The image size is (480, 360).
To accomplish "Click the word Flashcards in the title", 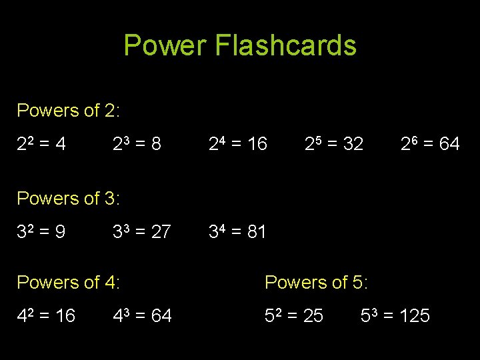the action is coord(285,45).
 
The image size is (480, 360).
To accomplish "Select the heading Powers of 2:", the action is coord(68,110).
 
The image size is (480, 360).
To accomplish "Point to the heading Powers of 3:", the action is coord(68,198).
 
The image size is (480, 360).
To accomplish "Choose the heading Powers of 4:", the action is coord(68,282).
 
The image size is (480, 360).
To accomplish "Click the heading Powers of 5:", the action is coord(316,282).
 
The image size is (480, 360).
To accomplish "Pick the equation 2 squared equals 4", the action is coord(41,143).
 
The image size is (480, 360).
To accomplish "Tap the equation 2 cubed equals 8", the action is coord(137,143).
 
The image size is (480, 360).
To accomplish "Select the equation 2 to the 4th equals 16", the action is coord(238,143).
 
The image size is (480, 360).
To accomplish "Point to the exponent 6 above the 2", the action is coord(415,138).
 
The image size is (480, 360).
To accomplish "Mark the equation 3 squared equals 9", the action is coord(41,231).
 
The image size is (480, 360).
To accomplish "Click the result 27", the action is coord(161,231).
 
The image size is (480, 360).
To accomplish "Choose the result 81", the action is coord(256,231).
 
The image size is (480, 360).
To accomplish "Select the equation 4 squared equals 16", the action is coord(46,315).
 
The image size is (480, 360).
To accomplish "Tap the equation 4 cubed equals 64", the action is coord(143,315).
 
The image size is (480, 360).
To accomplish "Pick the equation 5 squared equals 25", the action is coord(294,315).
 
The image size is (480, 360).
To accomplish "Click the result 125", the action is coord(415,315).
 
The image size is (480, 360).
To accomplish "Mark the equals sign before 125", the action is coord(388,316).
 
